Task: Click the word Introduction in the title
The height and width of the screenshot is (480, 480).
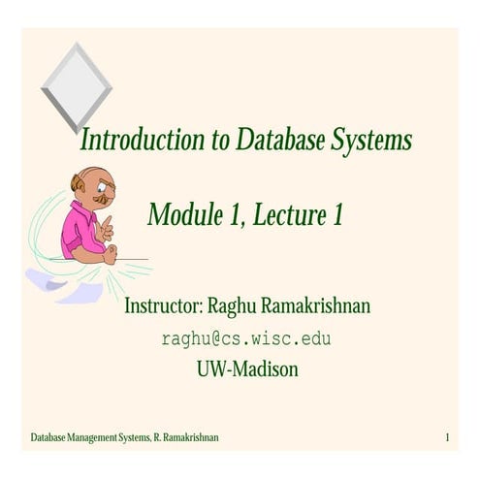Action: click(142, 142)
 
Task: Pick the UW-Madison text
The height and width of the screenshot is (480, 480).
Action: click(246, 368)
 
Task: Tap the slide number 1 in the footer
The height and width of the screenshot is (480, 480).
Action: click(448, 438)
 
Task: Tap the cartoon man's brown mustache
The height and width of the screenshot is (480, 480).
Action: click(100, 198)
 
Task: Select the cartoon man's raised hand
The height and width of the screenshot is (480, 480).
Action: click(106, 229)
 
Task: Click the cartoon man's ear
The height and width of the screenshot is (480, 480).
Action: click(77, 188)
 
